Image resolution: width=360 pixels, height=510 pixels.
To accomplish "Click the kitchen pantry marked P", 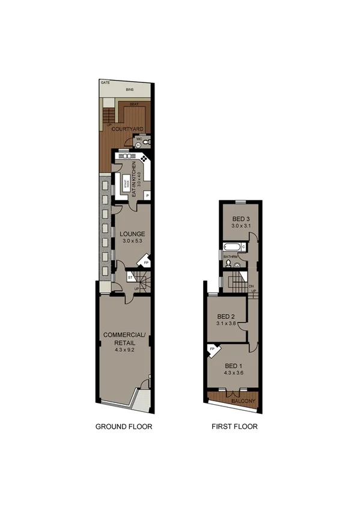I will point(147,195).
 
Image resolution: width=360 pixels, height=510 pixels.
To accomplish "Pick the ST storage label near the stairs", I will point(130,277).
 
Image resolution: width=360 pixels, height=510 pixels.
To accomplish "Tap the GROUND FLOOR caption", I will point(124,427).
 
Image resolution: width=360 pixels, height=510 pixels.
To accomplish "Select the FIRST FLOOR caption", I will point(234,427).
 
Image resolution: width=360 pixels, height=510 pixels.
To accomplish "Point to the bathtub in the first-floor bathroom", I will point(231,247).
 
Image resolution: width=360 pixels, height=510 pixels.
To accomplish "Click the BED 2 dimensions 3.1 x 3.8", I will point(225,324).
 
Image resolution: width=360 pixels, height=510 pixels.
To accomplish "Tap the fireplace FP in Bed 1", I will point(212,348).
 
